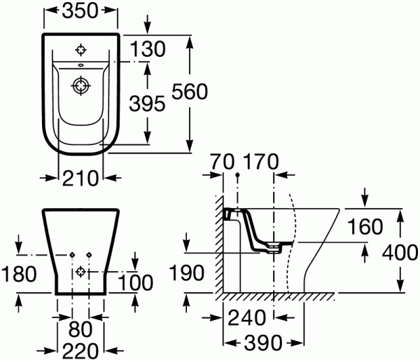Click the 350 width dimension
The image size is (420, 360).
pos(80,11)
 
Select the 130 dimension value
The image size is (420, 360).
pos(148,49)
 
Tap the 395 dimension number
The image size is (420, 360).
pos(147,104)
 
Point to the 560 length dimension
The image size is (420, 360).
pos(190,92)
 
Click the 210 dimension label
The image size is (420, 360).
pos(80,178)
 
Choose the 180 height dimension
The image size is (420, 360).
pos(19,274)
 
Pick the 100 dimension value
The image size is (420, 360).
pos(135,282)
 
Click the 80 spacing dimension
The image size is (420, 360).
pos(80,329)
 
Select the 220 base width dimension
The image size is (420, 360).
pos(80,351)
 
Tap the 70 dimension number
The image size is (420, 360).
pos(222,162)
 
